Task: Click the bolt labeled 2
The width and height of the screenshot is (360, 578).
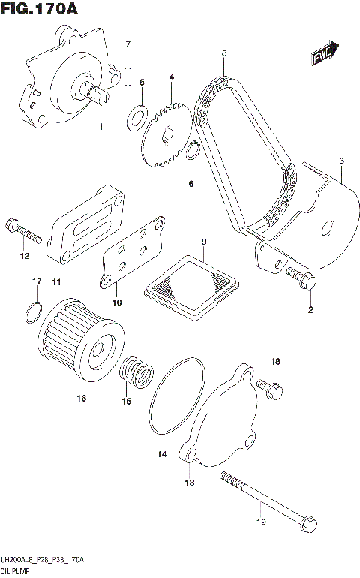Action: pyautogui.click(x=301, y=278)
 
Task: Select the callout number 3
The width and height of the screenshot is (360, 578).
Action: pyautogui.click(x=341, y=161)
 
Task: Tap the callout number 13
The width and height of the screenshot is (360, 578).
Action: pyautogui.click(x=189, y=483)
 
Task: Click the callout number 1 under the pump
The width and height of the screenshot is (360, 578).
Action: pyautogui.click(x=100, y=127)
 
